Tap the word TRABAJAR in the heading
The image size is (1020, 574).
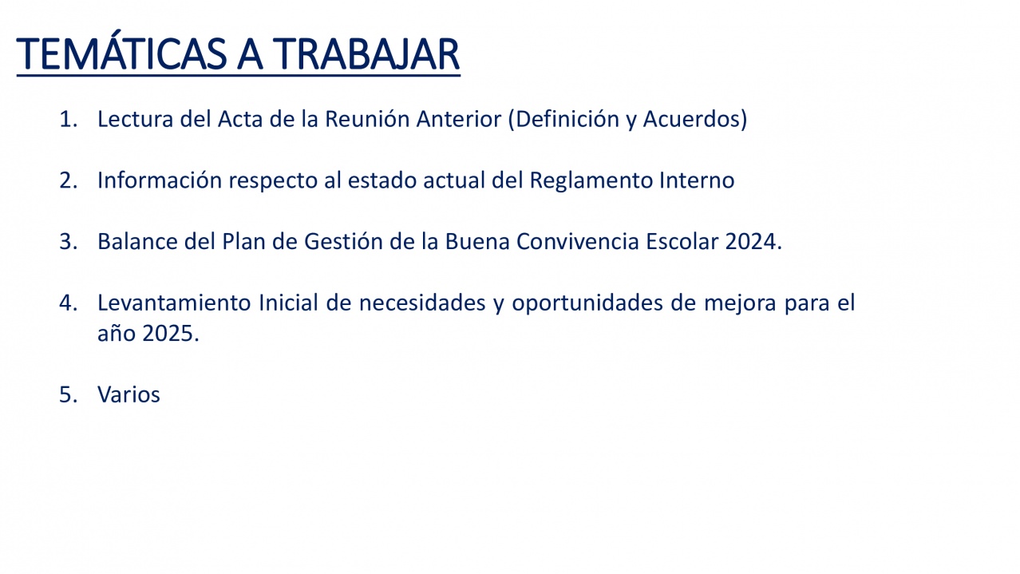366,54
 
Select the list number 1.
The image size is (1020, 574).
69,120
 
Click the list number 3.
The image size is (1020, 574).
69,241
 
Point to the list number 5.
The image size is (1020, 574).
69,394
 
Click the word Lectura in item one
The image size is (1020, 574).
135,120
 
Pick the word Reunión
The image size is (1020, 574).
367,119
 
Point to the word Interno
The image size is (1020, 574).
697,180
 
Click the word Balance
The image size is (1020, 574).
137,241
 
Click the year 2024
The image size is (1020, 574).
750,241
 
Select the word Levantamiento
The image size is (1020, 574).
174,303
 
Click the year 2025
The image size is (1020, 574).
168,334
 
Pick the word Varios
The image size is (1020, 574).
128,394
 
